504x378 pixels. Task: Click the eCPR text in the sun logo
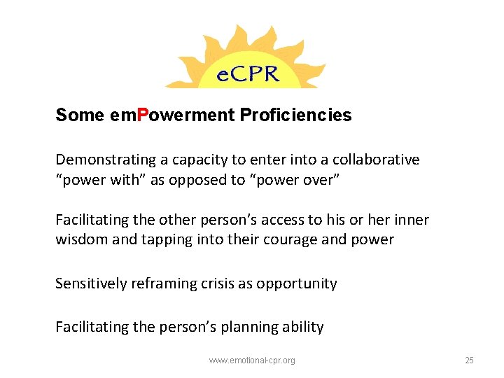point(246,72)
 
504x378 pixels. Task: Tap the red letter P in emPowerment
point(143,115)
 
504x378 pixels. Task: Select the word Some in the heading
point(79,115)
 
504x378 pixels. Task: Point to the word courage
point(297,239)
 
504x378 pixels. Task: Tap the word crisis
point(215,283)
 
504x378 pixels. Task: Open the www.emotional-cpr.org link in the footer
point(252,360)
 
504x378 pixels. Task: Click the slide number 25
point(469,360)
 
